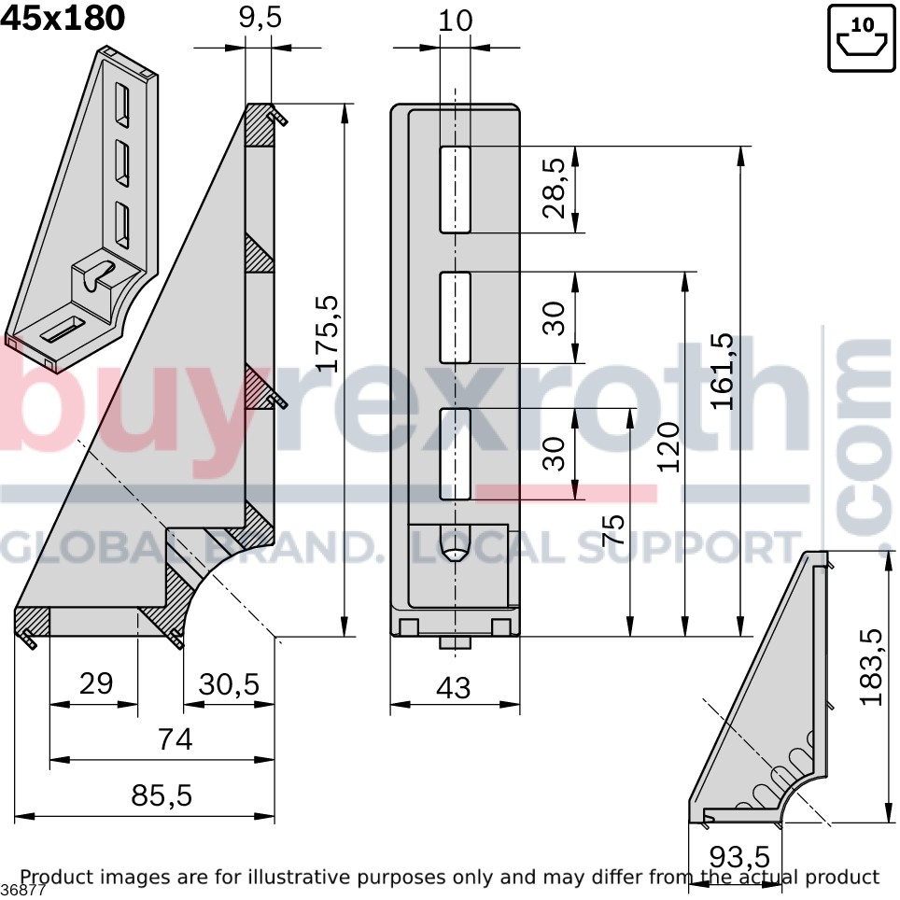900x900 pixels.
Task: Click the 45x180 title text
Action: coord(63,18)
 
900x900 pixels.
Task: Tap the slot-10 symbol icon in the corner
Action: coord(862,38)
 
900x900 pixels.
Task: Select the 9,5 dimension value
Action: coord(260,18)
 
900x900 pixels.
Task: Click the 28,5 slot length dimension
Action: coord(554,189)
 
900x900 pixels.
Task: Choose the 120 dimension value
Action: coord(668,447)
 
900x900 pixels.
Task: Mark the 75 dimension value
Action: coord(612,530)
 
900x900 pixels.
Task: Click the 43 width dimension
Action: coord(454,688)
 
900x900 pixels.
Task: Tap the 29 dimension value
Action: coord(96,683)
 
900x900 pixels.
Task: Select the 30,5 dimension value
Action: coord(229,684)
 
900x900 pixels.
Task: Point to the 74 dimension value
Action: coord(176,739)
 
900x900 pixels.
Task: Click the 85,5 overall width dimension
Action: coord(162,795)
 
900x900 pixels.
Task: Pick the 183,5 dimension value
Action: coord(871,667)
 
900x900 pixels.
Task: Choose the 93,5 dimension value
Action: coord(739,858)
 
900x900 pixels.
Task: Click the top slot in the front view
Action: coord(456,190)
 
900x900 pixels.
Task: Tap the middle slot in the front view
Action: coord(456,317)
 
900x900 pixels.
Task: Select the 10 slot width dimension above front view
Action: coord(456,21)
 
